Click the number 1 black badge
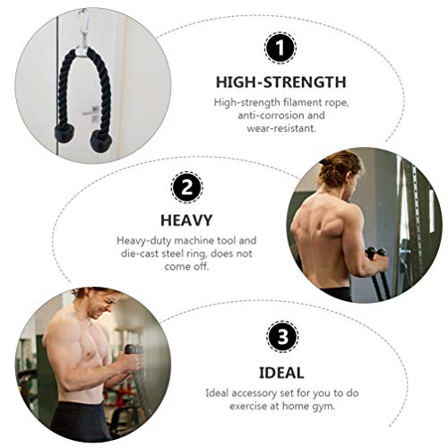[x=280, y=47]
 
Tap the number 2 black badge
[x=186, y=187]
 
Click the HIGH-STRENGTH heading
[x=280, y=82]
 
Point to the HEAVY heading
[x=185, y=220]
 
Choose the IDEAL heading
[x=282, y=372]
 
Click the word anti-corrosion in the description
[x=271, y=116]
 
